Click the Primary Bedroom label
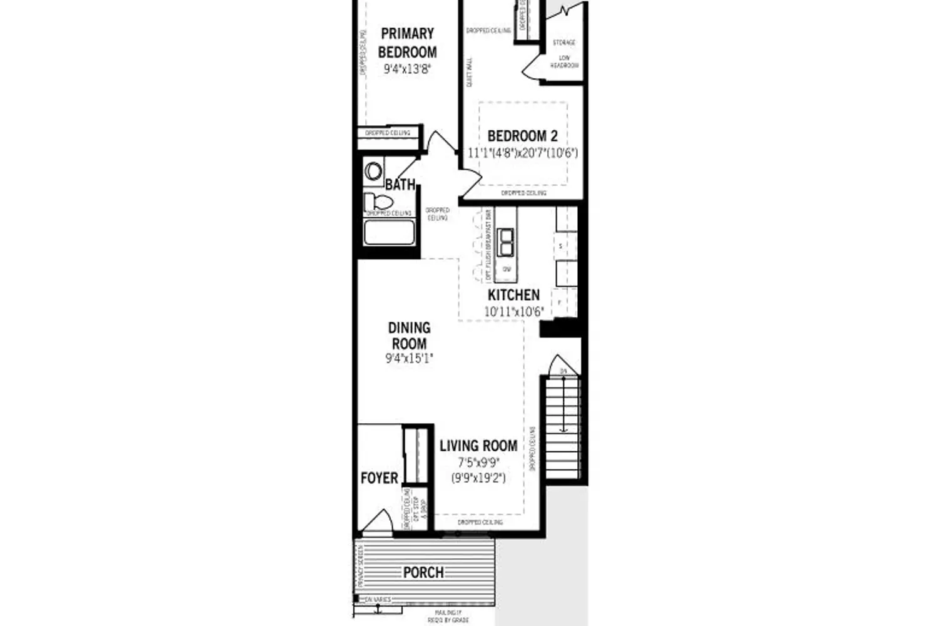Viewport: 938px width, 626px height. coord(407,43)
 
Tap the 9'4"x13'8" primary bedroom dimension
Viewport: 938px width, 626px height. coord(407,69)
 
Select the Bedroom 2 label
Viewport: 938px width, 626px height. coord(522,136)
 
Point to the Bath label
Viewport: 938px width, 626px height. coord(400,185)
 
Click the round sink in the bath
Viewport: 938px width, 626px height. coord(374,171)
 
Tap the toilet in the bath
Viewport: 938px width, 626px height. coord(378,202)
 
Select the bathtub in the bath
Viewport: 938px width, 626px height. coord(390,232)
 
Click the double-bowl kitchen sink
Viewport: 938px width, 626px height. coord(505,242)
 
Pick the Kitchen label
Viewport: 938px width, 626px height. coord(513,295)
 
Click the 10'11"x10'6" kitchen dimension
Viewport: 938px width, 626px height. coord(514,311)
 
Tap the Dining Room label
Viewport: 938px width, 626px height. coord(409,336)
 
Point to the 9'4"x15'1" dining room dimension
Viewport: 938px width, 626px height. coord(409,359)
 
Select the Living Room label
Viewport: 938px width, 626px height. coord(478,446)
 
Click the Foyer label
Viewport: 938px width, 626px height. coord(379,478)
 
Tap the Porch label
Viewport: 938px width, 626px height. coord(423,572)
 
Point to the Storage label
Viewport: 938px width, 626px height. coord(564,43)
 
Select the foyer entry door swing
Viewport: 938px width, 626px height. coord(377,523)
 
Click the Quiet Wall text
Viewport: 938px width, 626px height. coord(470,72)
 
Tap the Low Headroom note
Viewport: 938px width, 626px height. coord(565,61)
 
